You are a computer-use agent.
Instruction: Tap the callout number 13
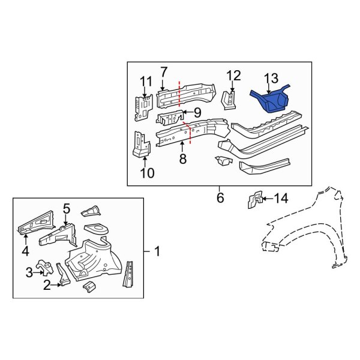click(x=271, y=77)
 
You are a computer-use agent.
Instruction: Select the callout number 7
click(x=163, y=72)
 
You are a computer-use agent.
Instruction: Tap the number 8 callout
click(x=182, y=159)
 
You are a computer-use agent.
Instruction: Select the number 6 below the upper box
click(x=220, y=196)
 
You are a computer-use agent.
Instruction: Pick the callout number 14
click(x=281, y=197)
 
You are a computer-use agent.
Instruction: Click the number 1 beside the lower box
click(x=157, y=253)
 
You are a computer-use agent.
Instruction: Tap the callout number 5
click(x=67, y=209)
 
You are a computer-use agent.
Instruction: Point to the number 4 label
click(x=25, y=250)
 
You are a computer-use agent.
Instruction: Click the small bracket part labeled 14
click(x=254, y=200)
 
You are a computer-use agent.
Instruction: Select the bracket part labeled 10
click(x=141, y=143)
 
